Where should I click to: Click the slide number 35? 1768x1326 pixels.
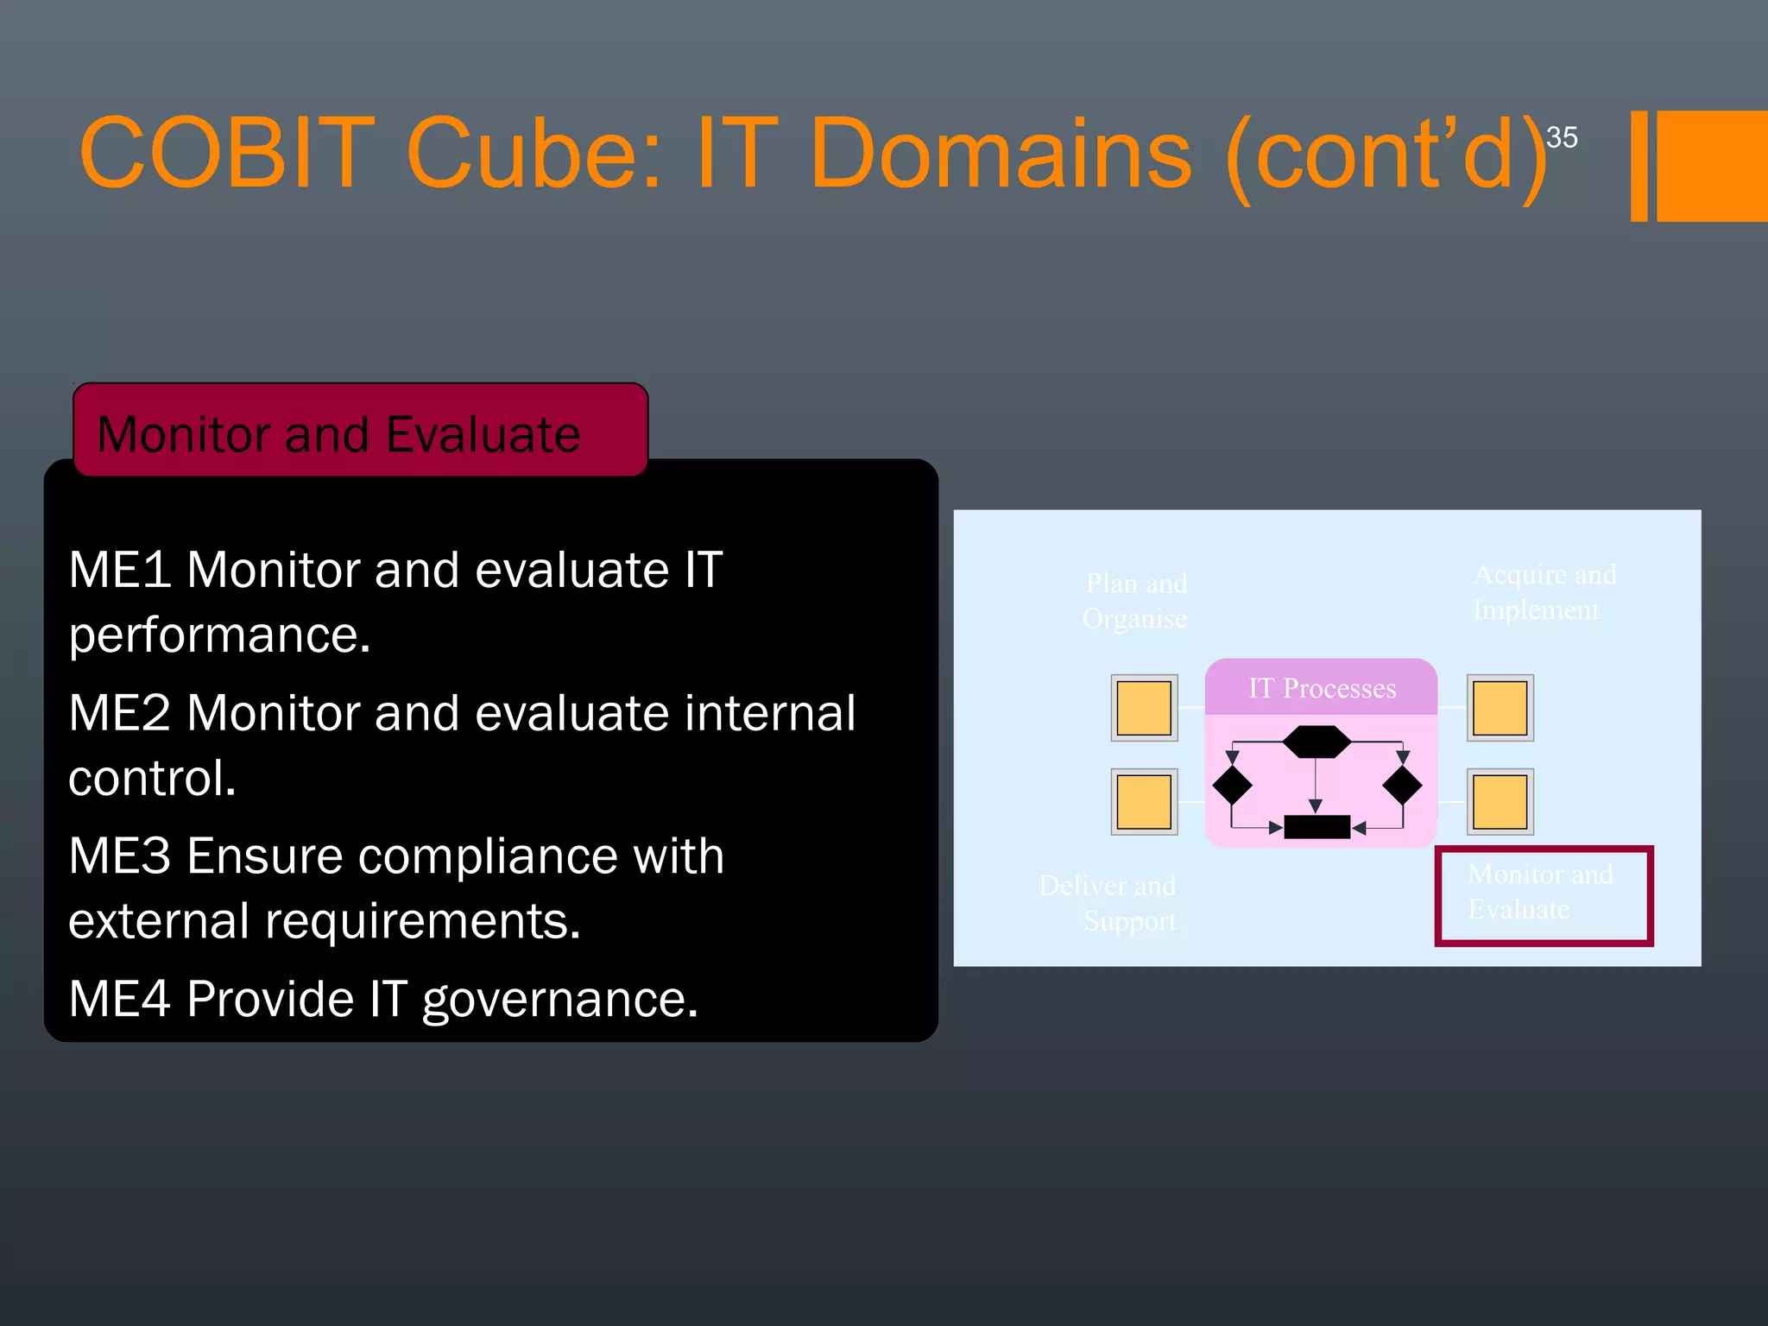coord(1562,137)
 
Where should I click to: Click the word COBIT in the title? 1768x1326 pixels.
coord(227,154)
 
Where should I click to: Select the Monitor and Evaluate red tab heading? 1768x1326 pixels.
coord(339,433)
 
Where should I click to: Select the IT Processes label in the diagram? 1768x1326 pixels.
coord(1322,689)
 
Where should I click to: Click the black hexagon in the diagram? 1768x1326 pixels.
coord(1317,742)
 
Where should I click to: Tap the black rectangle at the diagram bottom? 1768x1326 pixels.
coord(1317,827)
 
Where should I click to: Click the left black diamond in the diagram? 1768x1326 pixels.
coord(1232,786)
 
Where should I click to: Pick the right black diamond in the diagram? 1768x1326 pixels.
coord(1402,786)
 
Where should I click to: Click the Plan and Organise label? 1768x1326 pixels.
coord(1135,601)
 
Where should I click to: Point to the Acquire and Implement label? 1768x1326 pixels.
coord(1544,592)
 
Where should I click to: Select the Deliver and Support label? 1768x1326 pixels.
coord(1109,903)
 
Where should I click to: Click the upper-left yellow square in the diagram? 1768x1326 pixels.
coord(1144,708)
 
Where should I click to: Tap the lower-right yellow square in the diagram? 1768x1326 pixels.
coord(1500,802)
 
